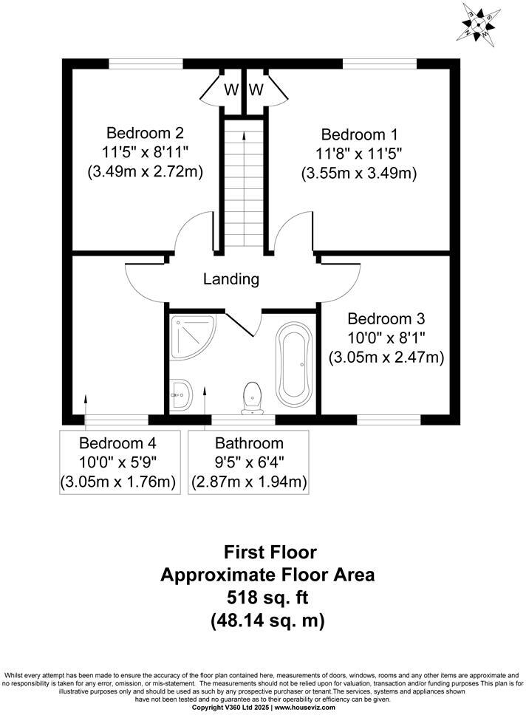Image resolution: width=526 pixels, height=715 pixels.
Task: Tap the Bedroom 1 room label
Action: pyautogui.click(x=359, y=134)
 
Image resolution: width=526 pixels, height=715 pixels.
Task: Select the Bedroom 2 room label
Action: pyautogui.click(x=145, y=133)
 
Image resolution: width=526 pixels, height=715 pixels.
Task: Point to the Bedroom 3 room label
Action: pyautogui.click(x=386, y=318)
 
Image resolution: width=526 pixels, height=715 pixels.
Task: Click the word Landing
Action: pyautogui.click(x=230, y=278)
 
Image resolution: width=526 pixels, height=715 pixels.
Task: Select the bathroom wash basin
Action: pyautogui.click(x=182, y=395)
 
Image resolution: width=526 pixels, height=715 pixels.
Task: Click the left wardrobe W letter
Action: pyautogui.click(x=230, y=90)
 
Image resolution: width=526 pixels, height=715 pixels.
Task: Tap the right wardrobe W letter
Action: pyautogui.click(x=256, y=90)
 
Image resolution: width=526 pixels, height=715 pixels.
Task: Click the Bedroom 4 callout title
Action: pyautogui.click(x=117, y=442)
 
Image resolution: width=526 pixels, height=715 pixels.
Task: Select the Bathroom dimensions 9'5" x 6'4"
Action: pyautogui.click(x=249, y=462)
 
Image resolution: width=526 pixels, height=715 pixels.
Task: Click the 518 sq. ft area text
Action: pyautogui.click(x=267, y=598)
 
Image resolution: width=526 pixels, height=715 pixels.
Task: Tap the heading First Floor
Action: pyautogui.click(x=270, y=552)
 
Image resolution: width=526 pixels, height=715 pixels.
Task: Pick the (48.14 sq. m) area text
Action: pyautogui.click(x=267, y=620)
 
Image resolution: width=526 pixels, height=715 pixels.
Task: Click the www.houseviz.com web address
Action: pyautogui.click(x=305, y=708)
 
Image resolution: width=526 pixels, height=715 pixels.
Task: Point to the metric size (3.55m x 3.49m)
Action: pyautogui.click(x=359, y=174)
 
